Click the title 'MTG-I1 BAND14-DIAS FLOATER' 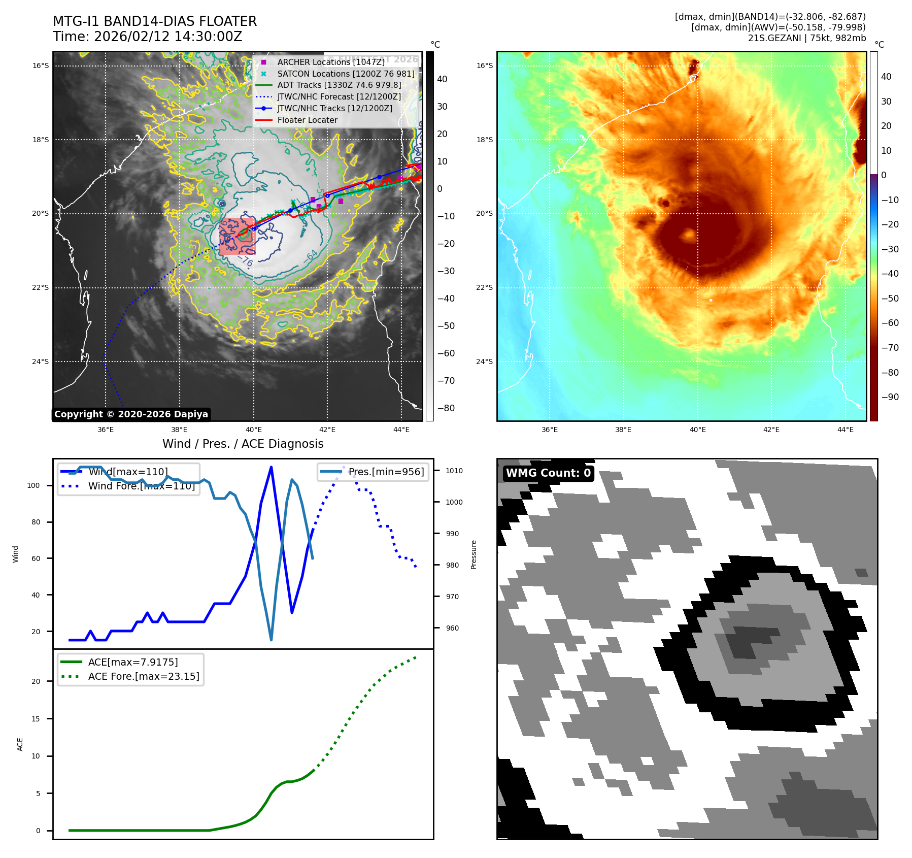pos(155,21)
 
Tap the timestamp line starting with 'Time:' pos(147,37)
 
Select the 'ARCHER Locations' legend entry pos(330,62)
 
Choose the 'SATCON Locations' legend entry pos(346,74)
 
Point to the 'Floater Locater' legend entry pos(307,120)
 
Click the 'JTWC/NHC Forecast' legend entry pos(339,97)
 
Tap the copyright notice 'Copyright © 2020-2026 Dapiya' pos(131,414)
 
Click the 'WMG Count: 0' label pos(548,473)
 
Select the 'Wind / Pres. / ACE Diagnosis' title pos(243,444)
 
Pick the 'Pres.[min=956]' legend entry pos(386,472)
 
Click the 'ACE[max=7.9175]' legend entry pos(133,662)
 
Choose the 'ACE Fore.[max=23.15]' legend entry pos(144,676)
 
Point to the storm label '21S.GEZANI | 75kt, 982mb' pos(806,38)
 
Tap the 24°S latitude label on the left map pos(41,361)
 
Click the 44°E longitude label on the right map pos(846,430)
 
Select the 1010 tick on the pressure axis pos(454,471)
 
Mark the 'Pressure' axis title pos(474,554)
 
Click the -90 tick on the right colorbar pos(890,397)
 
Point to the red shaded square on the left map pos(237,236)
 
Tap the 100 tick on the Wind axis pos(33,485)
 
